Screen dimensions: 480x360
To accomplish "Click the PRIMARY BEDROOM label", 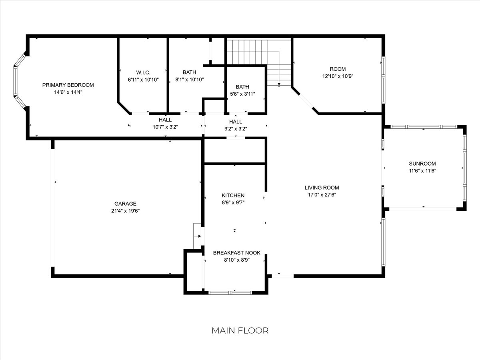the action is coord(68,85).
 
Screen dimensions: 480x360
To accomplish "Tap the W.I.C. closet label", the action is coord(143,72).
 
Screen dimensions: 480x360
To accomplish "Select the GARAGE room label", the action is coord(125,204).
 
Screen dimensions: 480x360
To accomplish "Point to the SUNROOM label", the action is coord(422,164).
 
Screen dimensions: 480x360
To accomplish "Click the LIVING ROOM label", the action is coord(322,188).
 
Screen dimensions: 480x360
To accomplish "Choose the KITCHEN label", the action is coord(233,196).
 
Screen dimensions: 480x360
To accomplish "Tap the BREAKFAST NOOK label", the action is coord(237,253).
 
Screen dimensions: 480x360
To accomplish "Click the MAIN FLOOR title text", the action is coord(240,331).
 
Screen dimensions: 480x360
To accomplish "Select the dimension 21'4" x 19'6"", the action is coord(125,211).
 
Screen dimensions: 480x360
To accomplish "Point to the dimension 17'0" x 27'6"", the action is coord(322,195).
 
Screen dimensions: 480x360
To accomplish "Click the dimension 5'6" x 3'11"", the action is coord(242,94).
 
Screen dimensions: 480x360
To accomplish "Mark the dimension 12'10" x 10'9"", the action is coord(338,76).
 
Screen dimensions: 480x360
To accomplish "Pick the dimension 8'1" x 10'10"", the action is coord(189,80).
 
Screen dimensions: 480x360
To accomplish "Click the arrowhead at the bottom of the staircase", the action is coord(279,84).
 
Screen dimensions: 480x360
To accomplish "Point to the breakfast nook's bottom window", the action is coord(230,293).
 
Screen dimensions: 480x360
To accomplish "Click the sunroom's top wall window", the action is coord(424,127).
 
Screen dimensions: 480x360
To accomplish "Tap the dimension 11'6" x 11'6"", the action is coord(422,171).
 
